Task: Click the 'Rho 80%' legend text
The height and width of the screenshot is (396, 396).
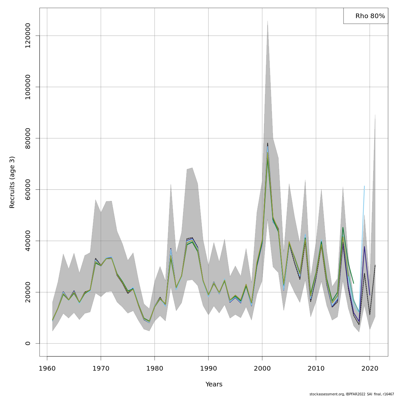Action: click(370, 16)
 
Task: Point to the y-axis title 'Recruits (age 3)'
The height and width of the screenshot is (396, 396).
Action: click(12, 182)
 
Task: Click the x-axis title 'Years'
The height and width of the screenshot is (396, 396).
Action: click(214, 384)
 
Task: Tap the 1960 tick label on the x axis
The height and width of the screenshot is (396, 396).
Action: click(47, 368)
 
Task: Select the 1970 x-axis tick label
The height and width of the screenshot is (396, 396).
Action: click(101, 368)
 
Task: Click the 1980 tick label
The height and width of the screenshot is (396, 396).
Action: click(155, 368)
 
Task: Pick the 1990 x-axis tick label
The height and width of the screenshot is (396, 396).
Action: click(209, 368)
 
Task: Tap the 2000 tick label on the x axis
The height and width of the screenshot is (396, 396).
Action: click(262, 368)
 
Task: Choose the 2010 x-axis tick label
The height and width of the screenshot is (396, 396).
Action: click(316, 368)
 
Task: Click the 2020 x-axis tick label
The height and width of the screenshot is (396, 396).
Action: click(370, 368)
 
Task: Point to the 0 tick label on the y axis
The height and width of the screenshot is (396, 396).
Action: click(28, 344)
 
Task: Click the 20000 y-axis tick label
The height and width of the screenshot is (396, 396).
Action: click(28, 292)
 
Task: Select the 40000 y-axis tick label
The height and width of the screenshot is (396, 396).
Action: click(28, 241)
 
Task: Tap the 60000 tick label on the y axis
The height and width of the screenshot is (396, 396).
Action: click(28, 189)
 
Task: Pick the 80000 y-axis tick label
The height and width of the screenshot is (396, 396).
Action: click(28, 138)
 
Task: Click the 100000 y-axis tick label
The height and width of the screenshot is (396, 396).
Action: click(28, 87)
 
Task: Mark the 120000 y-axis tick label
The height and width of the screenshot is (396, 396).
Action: click(28, 36)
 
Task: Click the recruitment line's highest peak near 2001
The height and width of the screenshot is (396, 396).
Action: click(268, 143)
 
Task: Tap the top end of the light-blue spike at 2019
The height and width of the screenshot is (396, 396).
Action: click(364, 186)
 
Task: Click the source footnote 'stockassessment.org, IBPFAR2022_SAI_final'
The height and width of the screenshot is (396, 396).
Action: click(351, 394)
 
